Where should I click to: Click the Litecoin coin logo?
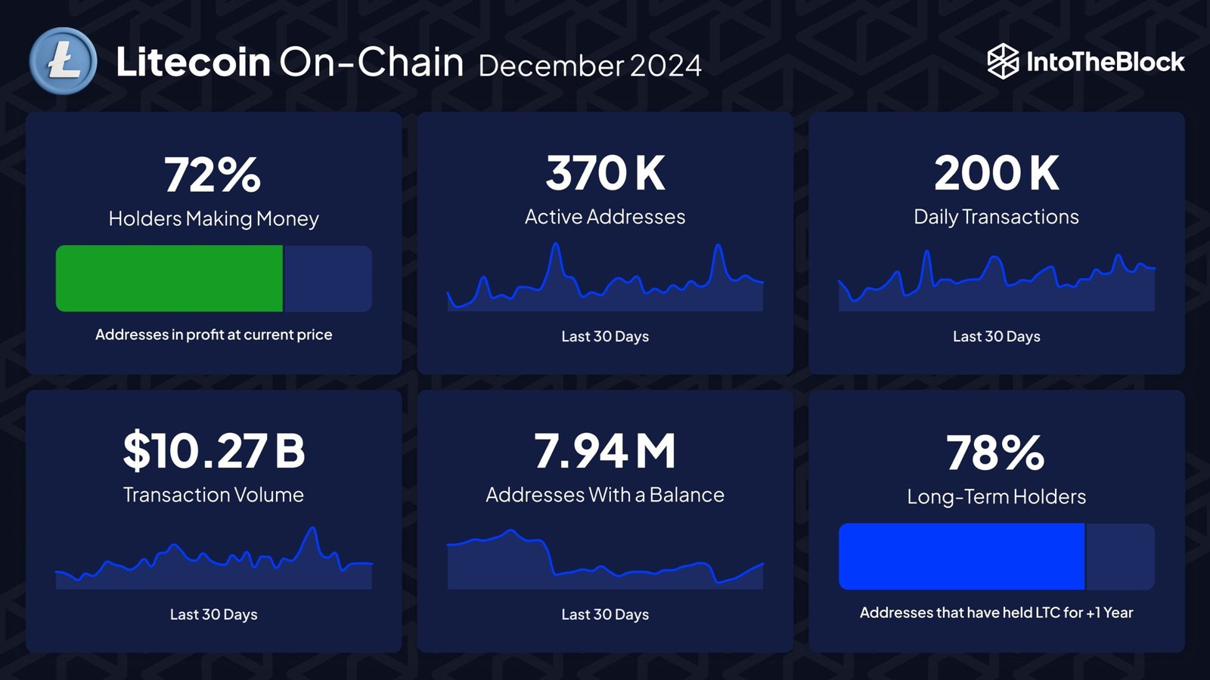click(64, 61)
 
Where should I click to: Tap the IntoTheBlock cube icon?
click(1003, 61)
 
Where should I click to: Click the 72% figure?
click(213, 175)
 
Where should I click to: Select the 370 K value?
click(605, 173)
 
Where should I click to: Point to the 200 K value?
click(996, 173)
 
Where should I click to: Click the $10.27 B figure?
click(213, 451)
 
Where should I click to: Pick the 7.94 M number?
click(605, 451)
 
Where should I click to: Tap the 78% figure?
click(995, 453)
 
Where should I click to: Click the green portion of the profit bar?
click(169, 278)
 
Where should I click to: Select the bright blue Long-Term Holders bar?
click(961, 556)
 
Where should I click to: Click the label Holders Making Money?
click(213, 218)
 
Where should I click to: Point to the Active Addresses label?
click(605, 217)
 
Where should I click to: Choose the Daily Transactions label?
click(996, 217)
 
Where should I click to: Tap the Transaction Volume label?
click(213, 495)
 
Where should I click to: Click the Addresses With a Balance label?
click(605, 495)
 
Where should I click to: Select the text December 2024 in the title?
click(590, 66)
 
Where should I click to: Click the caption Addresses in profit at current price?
click(213, 335)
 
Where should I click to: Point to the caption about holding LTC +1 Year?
click(996, 613)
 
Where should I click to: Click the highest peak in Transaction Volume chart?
click(312, 530)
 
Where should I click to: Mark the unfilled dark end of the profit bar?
click(327, 278)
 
